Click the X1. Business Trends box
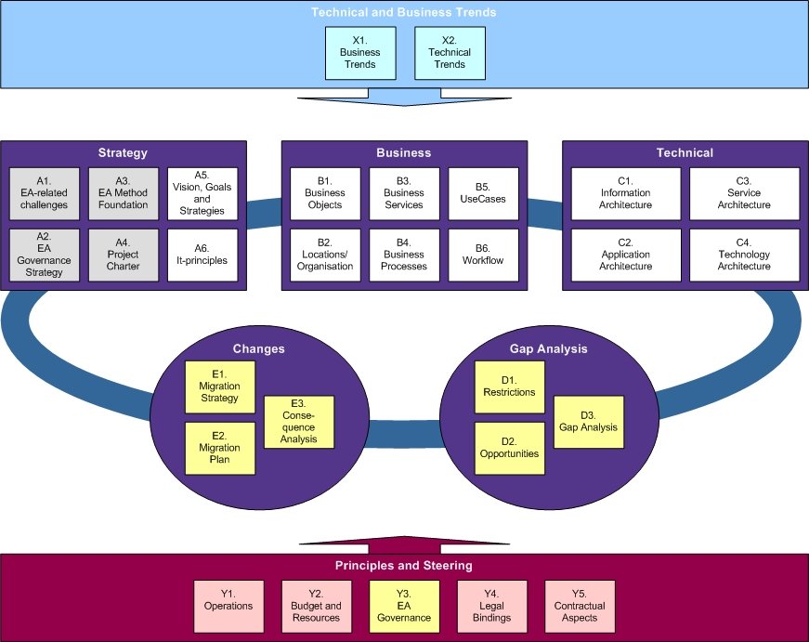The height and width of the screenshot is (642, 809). coord(360,53)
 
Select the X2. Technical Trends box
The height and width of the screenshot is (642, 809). coord(450,53)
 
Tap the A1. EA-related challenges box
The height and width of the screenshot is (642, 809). coord(45,192)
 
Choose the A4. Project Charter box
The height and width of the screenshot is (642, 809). coord(124,254)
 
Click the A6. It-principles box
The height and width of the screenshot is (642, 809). coord(202,254)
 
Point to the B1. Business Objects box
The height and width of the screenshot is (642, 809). coord(324,192)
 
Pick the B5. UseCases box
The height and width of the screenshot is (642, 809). coord(482,192)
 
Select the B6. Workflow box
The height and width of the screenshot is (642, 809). coord(482,254)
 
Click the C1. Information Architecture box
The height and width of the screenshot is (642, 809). coord(625,192)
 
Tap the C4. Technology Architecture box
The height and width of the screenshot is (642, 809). coord(744,254)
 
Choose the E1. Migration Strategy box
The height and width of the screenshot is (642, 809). coord(219,387)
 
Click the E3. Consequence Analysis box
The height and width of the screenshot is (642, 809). coord(298,422)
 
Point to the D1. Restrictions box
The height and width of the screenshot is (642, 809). coord(509,387)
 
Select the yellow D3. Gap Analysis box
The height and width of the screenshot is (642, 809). coord(588,422)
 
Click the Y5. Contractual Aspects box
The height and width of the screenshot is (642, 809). coord(579,606)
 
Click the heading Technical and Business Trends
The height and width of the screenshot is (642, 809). coord(404,13)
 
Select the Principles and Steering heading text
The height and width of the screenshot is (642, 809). coord(404,565)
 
